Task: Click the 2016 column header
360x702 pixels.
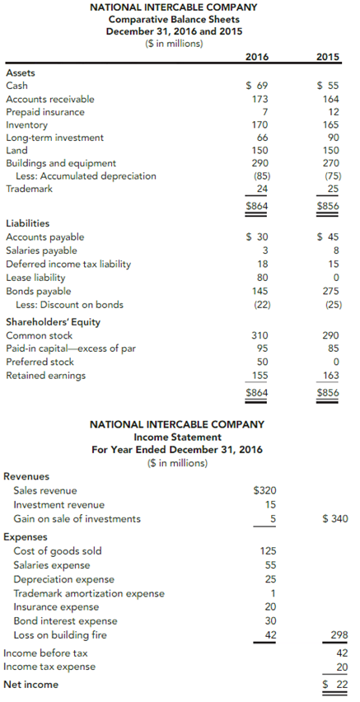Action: [257, 57]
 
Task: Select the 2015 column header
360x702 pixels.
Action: [328, 57]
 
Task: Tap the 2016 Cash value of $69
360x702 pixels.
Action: [258, 86]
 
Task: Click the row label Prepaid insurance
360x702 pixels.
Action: [44, 112]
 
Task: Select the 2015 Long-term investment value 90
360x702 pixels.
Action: [331, 138]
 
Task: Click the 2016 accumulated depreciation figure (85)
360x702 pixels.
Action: [259, 175]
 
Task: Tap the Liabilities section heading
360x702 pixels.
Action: [27, 223]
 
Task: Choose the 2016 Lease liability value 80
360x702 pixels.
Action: [262, 278]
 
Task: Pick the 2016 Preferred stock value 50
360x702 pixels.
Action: [262, 362]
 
